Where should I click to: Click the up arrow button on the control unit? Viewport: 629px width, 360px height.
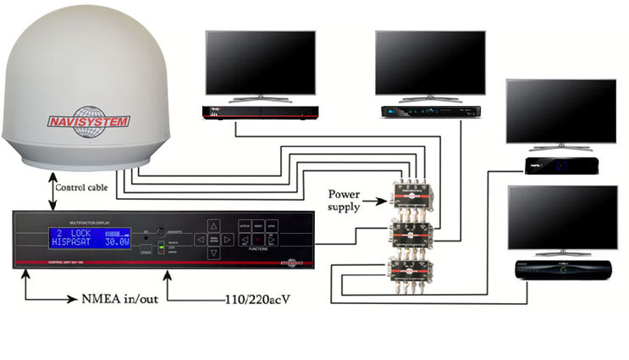pos(213,226)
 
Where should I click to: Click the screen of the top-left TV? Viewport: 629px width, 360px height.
pos(260,64)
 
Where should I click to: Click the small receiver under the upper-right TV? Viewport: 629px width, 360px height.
pos(562,164)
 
